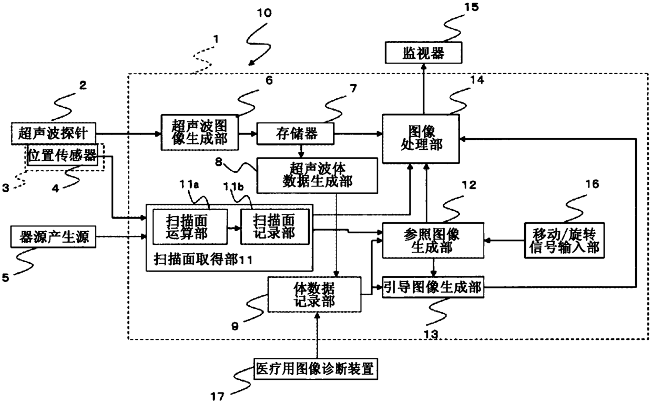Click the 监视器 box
(423, 53)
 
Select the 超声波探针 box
(53, 133)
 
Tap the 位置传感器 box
(62, 155)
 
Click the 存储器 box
(295, 134)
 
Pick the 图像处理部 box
(421, 139)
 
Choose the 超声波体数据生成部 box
(317, 175)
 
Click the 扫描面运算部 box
(190, 227)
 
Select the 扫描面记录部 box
(275, 227)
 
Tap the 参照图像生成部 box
(433, 241)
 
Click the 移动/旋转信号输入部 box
(564, 241)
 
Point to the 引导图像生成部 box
(433, 287)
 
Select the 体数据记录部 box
(314, 295)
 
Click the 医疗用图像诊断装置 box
(316, 369)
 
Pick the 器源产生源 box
(53, 236)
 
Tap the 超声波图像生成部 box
(200, 132)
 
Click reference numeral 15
(472, 7)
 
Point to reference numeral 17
(218, 396)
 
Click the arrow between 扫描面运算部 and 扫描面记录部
(234, 228)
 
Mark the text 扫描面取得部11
(203, 259)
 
